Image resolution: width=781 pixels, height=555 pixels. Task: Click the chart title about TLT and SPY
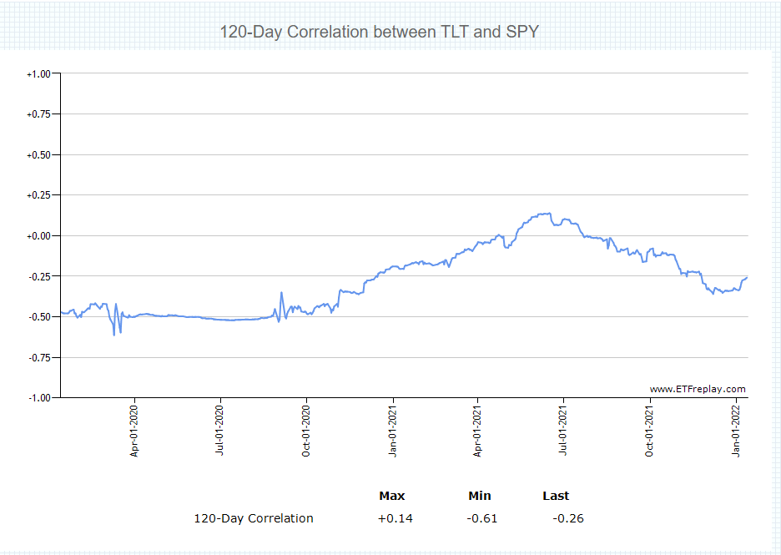click(379, 33)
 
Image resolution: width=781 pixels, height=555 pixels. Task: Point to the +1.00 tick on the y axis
click(38, 74)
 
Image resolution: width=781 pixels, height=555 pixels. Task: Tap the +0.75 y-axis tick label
click(38, 114)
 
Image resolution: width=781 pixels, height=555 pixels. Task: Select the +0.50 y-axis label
click(38, 155)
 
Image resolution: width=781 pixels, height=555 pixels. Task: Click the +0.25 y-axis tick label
click(38, 195)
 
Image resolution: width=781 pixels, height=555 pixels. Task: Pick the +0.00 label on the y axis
click(38, 236)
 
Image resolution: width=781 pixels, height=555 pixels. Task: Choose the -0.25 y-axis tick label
click(39, 276)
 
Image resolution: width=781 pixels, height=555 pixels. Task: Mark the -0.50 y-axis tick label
click(39, 317)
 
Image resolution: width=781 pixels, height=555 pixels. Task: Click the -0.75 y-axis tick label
click(39, 357)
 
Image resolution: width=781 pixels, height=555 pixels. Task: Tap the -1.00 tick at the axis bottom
click(39, 398)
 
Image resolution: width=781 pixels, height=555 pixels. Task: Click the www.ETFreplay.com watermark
click(698, 389)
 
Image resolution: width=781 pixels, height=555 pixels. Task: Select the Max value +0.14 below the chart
click(395, 518)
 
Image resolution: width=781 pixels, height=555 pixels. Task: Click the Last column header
click(556, 496)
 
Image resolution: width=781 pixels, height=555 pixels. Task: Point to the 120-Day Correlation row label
click(254, 518)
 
